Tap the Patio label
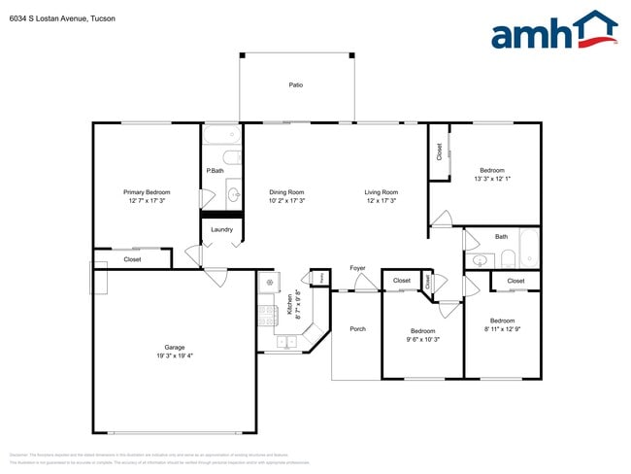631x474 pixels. (x=296, y=85)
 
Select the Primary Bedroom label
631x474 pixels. (x=147, y=192)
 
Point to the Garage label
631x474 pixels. (x=175, y=348)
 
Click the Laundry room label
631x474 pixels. (x=221, y=230)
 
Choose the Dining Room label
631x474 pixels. (x=287, y=192)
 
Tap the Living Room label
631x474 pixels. (x=382, y=192)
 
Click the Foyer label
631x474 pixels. (x=357, y=267)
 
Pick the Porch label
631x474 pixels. (x=357, y=329)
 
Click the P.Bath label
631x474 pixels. (x=216, y=171)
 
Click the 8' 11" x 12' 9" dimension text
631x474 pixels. (x=502, y=329)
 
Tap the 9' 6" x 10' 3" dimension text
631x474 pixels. (x=423, y=340)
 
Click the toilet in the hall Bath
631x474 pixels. (x=508, y=258)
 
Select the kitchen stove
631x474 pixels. (x=268, y=314)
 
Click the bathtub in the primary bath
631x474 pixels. (x=222, y=134)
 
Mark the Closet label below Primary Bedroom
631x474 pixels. (x=132, y=259)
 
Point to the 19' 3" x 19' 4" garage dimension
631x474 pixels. (x=175, y=356)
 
